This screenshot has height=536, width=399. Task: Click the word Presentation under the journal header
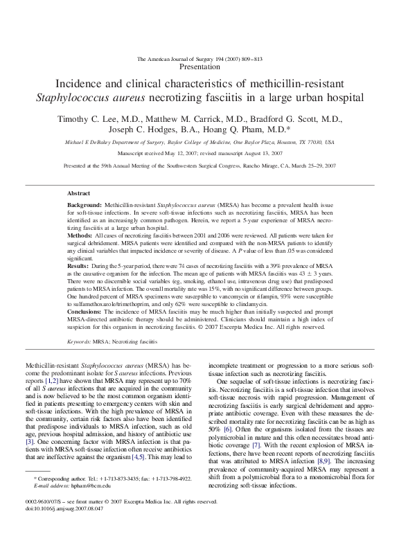pyautogui.click(x=199, y=67)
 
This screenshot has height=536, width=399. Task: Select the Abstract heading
pyautogui.click(x=79, y=193)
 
